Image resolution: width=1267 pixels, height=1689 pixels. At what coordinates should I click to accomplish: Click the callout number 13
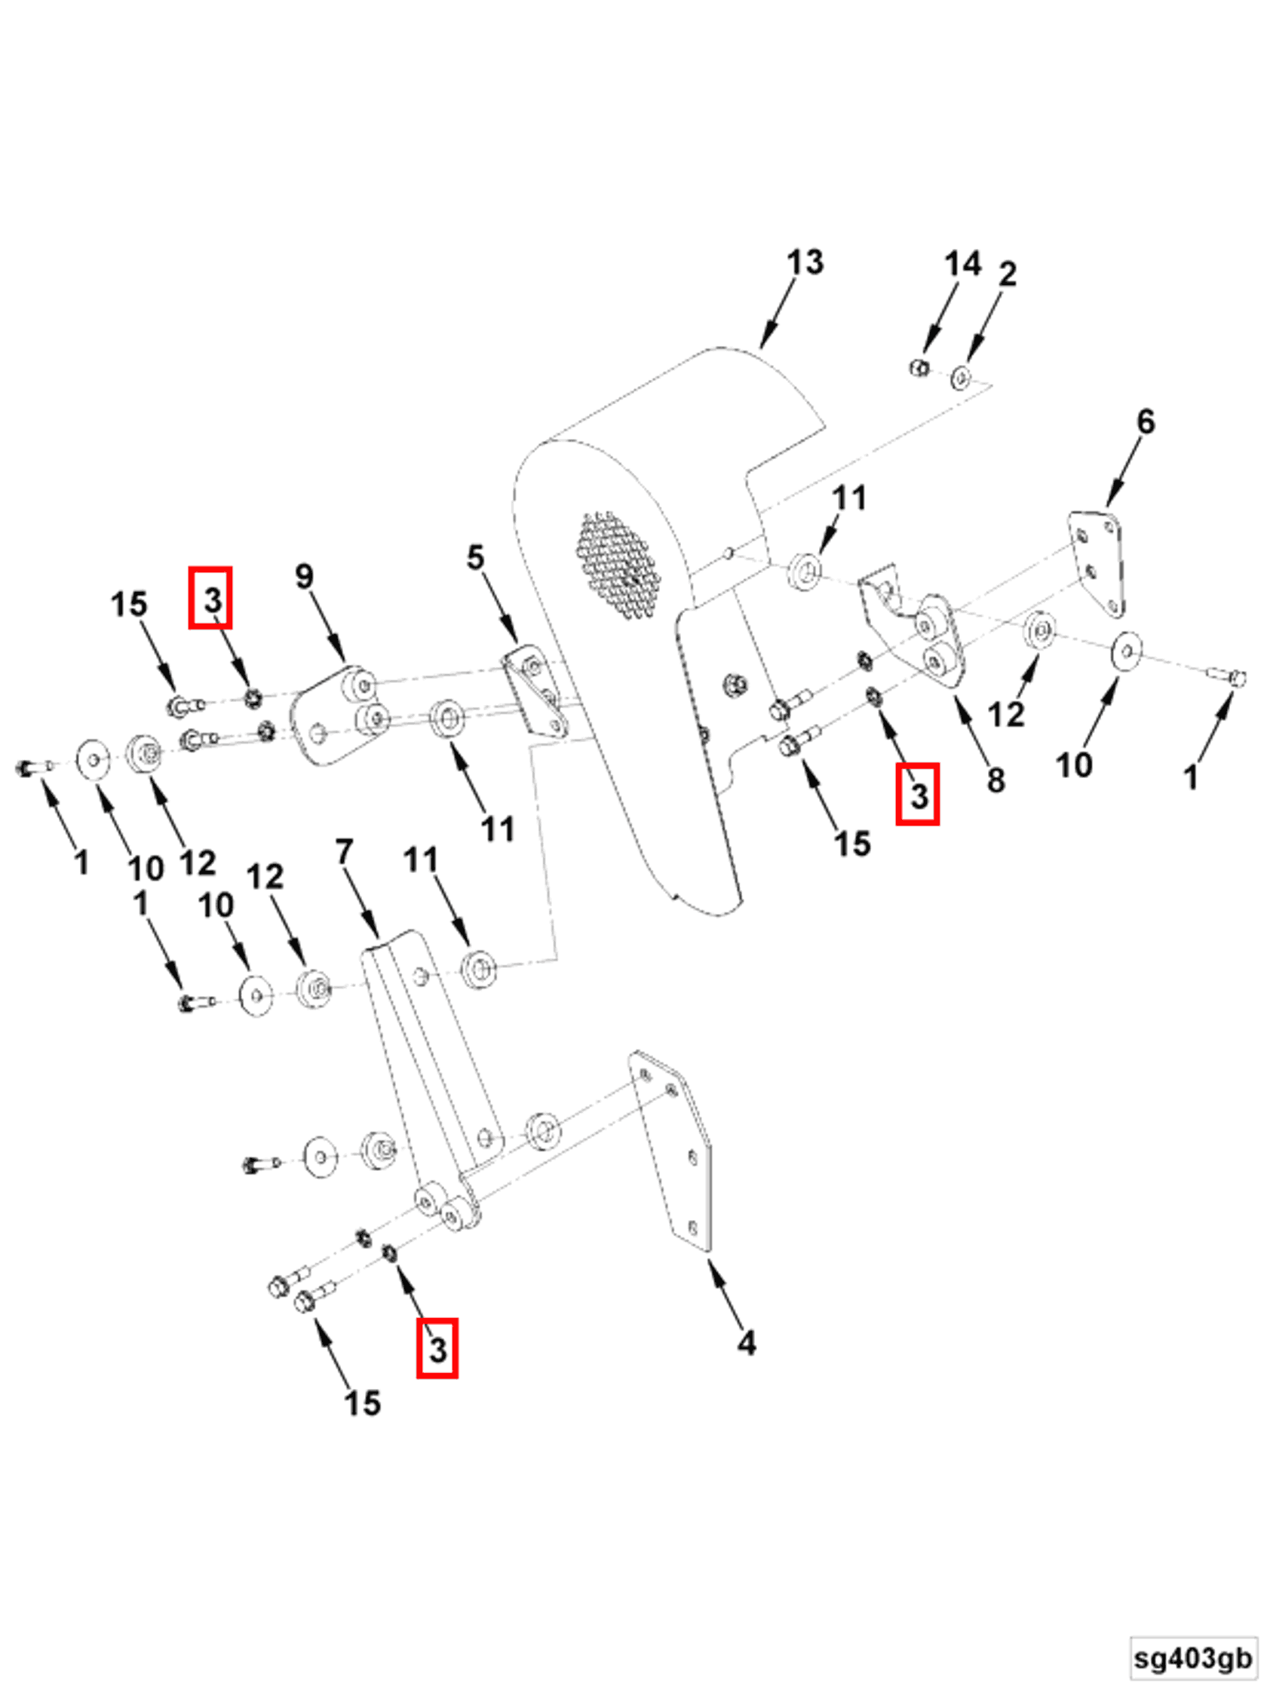[804, 262]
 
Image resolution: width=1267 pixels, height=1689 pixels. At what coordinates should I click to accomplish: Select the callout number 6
[1146, 421]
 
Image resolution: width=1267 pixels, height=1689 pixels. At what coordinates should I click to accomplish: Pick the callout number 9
[304, 576]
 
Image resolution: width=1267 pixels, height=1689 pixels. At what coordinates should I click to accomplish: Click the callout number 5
[475, 556]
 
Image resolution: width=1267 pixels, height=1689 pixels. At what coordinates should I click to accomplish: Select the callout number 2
[1008, 274]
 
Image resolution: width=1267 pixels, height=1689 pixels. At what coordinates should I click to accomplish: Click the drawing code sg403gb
[1193, 1657]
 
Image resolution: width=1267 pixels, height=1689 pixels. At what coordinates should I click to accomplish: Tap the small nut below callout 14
[919, 367]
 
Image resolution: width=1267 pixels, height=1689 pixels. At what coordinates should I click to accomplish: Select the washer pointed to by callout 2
[962, 377]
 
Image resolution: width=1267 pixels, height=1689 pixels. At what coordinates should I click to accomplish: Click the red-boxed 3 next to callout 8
[917, 794]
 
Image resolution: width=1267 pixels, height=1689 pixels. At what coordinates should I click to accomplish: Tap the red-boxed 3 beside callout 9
[210, 598]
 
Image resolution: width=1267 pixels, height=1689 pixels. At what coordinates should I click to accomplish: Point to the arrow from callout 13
[778, 314]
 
